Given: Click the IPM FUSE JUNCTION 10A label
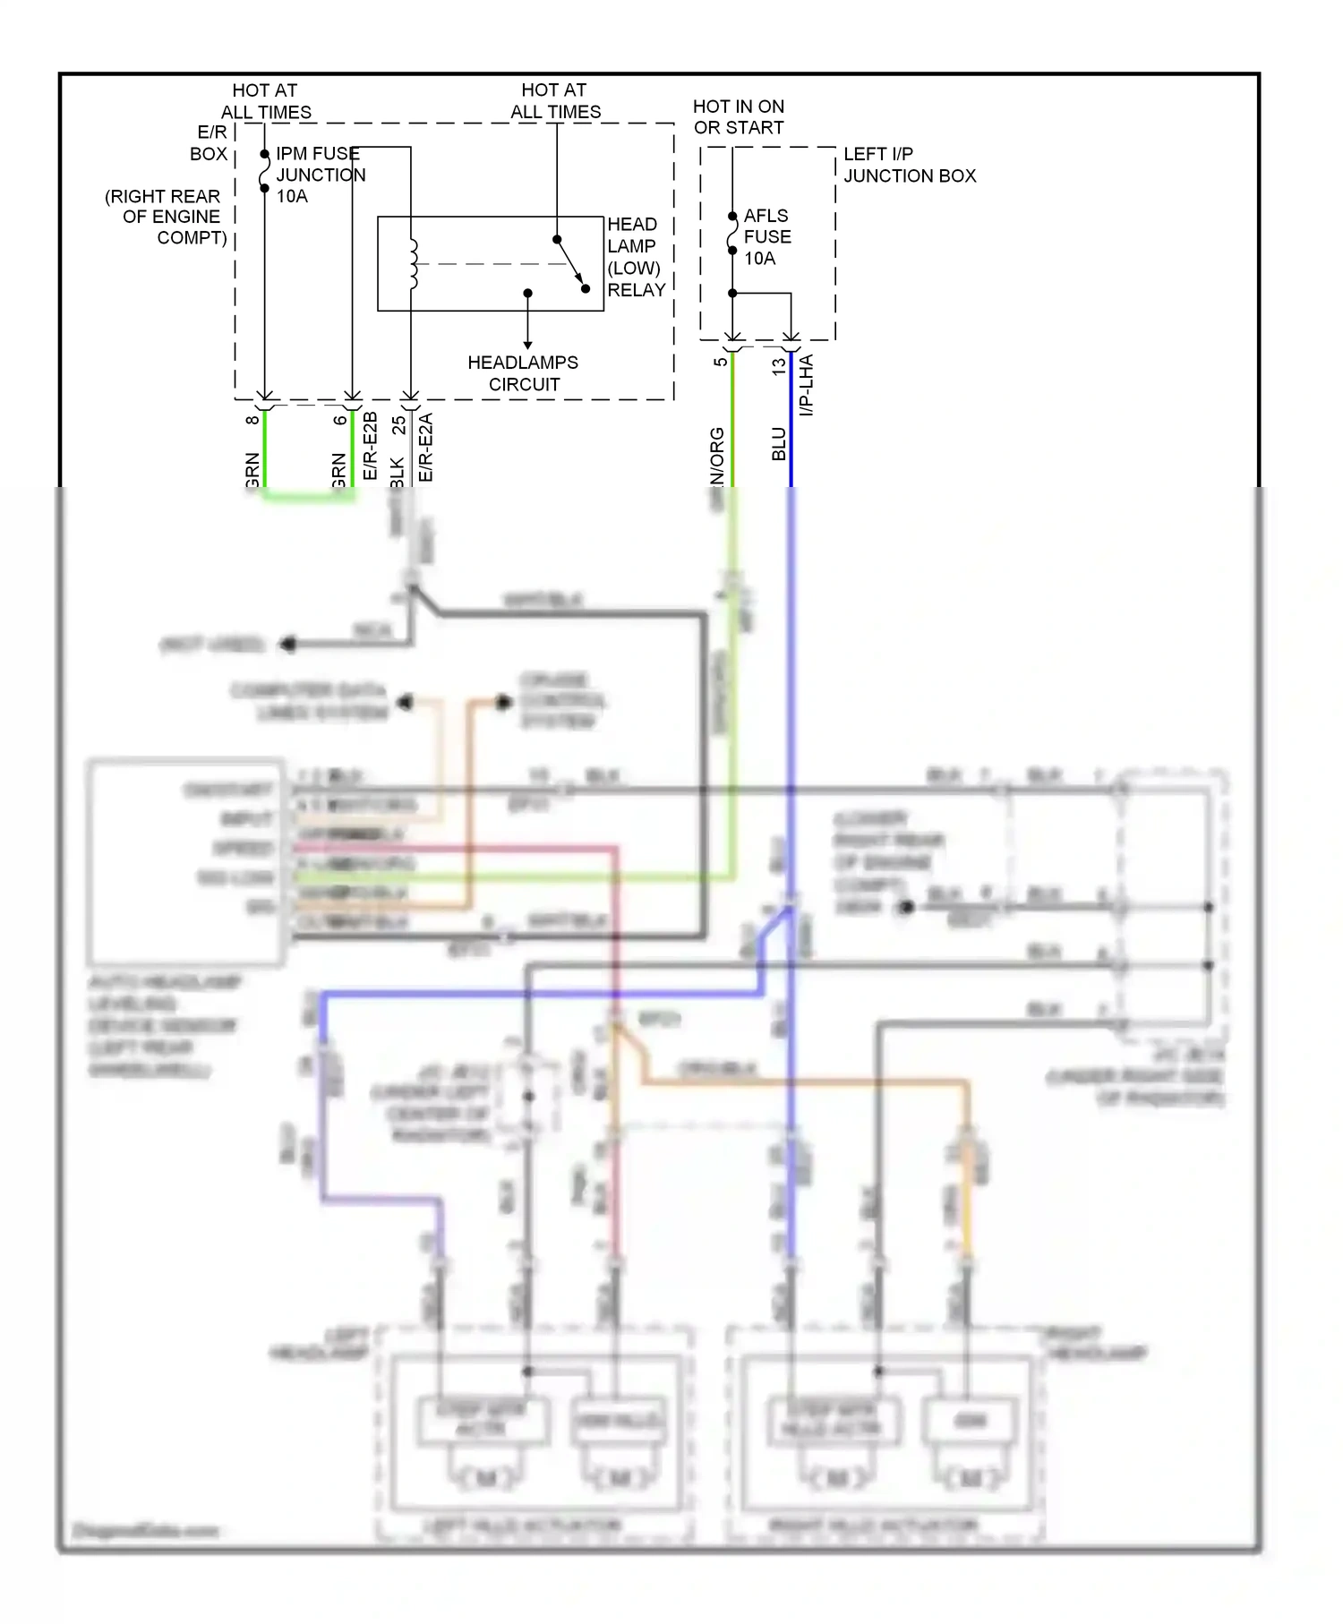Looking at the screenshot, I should click(320, 175).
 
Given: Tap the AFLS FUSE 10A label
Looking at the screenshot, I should click(767, 237).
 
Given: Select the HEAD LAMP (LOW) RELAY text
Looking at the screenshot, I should click(636, 257).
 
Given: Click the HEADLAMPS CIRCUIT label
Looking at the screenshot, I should click(523, 373).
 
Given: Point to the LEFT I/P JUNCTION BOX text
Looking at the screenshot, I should click(909, 165).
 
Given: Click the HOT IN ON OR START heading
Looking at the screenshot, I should click(739, 117).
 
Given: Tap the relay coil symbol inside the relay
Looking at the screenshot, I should click(413, 264).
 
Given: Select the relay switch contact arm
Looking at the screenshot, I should click(570, 262).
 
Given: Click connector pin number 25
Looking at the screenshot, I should click(398, 425).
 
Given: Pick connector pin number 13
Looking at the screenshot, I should click(778, 365).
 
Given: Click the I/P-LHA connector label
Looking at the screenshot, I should click(806, 385).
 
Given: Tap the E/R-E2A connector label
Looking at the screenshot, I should click(426, 447).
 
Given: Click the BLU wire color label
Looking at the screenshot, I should click(779, 444).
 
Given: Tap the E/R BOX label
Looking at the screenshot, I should click(210, 143).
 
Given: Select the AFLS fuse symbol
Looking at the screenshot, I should click(732, 233).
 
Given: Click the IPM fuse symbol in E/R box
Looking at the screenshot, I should click(264, 171).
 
